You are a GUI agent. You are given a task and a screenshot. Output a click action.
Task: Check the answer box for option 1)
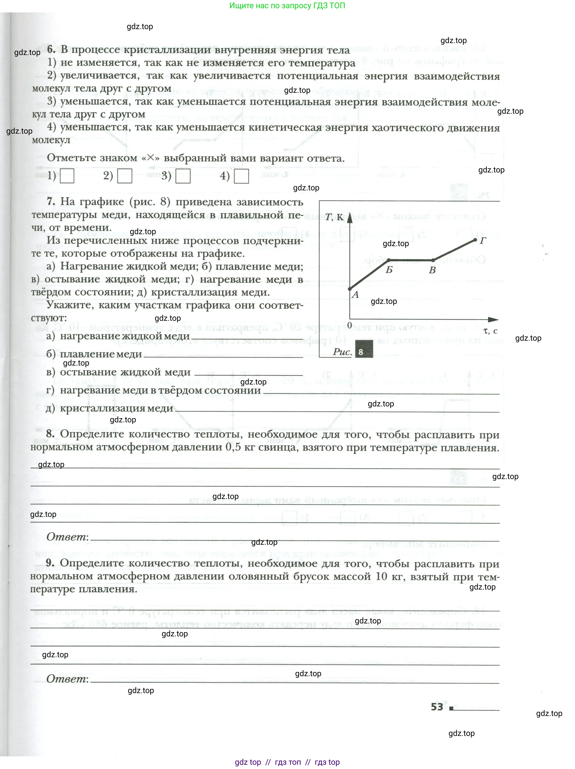click(67, 176)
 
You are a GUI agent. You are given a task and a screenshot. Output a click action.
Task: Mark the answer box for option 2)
click(125, 176)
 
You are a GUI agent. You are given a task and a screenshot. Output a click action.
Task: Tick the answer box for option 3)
click(183, 176)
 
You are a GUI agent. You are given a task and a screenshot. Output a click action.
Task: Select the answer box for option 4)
click(241, 176)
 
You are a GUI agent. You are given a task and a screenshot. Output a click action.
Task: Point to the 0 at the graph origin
click(350, 325)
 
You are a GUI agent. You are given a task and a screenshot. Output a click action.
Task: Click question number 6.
click(51, 49)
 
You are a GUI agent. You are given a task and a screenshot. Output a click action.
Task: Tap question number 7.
click(51, 202)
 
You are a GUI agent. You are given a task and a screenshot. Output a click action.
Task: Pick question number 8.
click(50, 434)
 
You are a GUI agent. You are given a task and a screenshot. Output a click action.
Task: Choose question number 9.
click(50, 563)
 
